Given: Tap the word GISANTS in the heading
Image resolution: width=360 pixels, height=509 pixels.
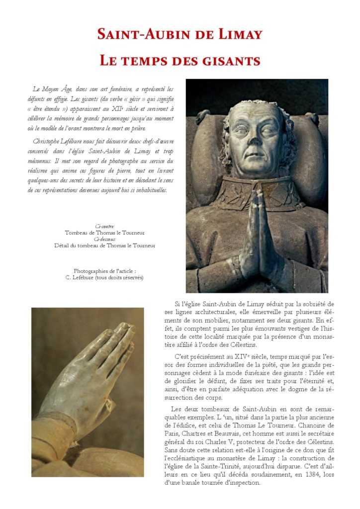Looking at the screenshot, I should click(x=233, y=61).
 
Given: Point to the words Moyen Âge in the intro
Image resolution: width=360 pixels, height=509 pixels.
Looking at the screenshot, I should click(x=57, y=89).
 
